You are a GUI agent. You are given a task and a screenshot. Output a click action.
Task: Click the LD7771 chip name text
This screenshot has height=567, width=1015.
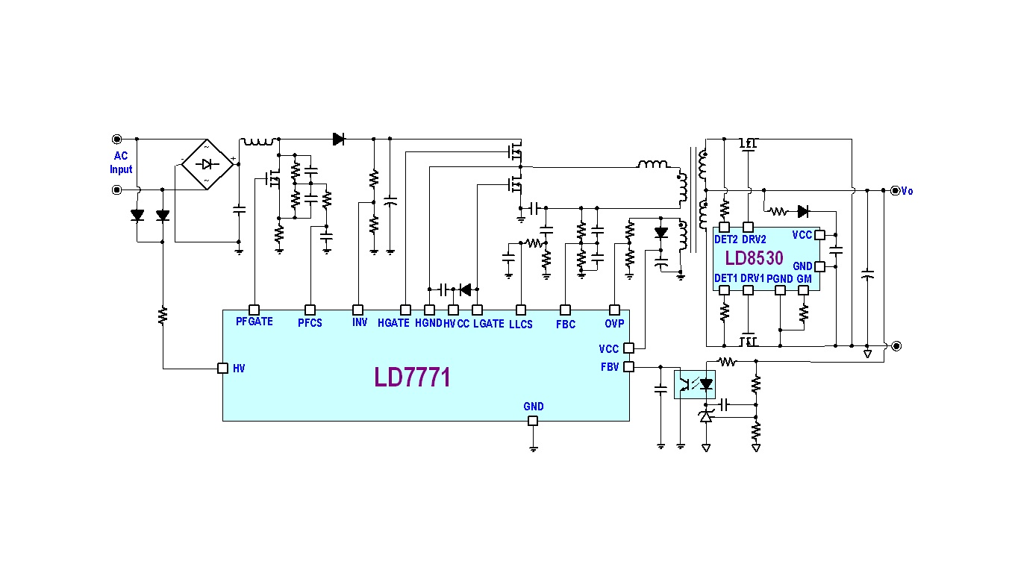coord(413,378)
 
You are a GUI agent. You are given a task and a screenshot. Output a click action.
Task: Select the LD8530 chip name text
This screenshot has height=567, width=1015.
coord(754,258)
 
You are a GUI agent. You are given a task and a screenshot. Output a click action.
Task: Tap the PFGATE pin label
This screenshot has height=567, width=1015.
coord(254,322)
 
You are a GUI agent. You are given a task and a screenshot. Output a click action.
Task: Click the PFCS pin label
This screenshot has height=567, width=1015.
coord(310,323)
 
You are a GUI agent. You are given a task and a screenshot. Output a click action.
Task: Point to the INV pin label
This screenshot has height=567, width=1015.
coord(359,323)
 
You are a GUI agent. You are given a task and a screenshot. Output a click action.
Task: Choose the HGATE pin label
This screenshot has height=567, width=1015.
coord(393,324)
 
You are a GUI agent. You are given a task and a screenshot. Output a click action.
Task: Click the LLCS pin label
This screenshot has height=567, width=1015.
coord(521,324)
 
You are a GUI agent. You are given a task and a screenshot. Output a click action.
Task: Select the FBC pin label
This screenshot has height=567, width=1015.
coord(566,324)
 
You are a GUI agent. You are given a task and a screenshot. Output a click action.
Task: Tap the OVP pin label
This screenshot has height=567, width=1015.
coord(614,323)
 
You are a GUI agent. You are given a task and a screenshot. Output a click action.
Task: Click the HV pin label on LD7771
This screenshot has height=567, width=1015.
coord(239,369)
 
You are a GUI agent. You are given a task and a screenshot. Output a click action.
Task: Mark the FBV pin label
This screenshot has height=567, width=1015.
coord(609,366)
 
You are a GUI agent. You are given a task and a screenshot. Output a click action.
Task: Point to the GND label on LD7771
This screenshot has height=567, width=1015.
coord(534,407)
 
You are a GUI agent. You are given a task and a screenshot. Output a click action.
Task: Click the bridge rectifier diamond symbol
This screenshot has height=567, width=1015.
coord(207,164)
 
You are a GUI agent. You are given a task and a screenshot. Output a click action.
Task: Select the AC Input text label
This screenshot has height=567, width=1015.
coord(121,163)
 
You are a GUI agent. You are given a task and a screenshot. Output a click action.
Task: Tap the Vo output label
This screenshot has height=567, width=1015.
coord(907,191)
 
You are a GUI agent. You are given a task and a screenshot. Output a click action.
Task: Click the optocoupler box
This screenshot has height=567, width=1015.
coord(694,384)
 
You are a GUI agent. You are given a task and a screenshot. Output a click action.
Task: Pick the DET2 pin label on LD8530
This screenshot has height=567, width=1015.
coord(725,239)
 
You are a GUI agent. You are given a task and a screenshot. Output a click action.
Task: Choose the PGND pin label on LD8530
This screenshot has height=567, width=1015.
coord(780,278)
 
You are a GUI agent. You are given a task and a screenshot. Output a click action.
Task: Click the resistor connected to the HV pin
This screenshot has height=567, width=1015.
coord(163,316)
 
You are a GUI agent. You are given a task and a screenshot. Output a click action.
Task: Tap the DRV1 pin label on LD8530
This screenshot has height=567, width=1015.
coord(752,278)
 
